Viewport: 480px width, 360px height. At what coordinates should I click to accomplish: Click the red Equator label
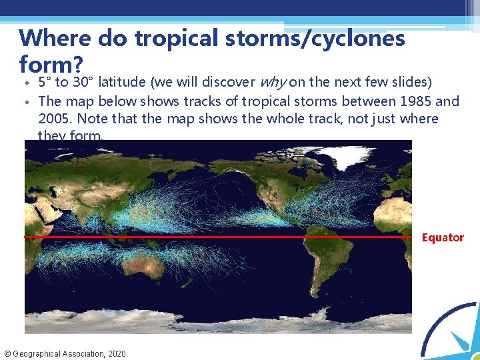(443, 237)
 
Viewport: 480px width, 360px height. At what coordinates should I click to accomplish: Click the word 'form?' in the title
(51, 65)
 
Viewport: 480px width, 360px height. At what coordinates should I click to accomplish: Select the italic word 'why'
(270, 83)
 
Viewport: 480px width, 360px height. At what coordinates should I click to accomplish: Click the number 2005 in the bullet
(55, 119)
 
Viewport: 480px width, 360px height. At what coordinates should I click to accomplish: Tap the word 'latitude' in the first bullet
(123, 83)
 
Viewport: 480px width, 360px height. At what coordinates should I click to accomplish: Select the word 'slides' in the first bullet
(411, 83)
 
